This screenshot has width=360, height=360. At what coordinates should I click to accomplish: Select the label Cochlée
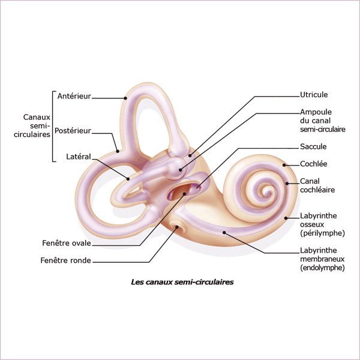point(313,164)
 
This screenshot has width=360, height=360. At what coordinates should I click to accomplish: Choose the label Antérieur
point(74,96)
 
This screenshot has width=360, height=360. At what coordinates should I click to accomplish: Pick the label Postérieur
point(73,130)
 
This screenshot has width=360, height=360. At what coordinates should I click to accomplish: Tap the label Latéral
point(78,157)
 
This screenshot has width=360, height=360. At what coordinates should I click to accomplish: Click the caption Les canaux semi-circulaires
point(182,281)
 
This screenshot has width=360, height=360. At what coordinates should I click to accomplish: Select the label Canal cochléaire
point(317,185)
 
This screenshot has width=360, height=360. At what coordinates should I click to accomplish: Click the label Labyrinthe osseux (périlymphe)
point(322,224)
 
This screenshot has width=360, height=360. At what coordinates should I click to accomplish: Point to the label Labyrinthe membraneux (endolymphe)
point(322,259)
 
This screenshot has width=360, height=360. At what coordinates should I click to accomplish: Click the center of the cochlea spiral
point(262,193)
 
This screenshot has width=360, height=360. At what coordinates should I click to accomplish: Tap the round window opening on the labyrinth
point(177,227)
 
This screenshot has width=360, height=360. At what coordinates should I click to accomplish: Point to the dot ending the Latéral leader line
point(128,178)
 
